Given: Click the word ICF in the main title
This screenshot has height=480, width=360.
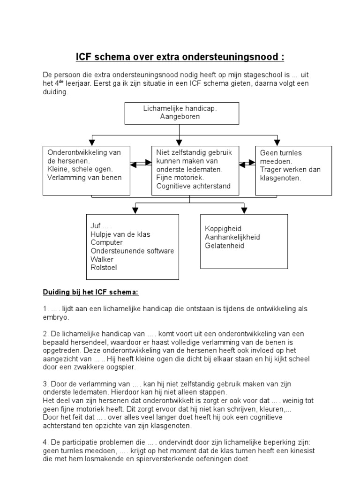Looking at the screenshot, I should pyautogui.click(x=85, y=57).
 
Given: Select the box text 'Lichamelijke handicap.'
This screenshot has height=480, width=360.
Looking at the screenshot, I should pyautogui.click(x=180, y=108).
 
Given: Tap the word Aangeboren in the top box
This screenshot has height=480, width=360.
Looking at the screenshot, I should pyautogui.click(x=180, y=116).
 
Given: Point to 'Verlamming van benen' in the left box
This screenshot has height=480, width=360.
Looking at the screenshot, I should pyautogui.click(x=84, y=177).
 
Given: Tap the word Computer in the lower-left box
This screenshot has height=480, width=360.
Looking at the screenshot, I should pyautogui.click(x=107, y=242).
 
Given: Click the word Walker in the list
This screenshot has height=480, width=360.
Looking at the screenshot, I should pyautogui.click(x=101, y=259).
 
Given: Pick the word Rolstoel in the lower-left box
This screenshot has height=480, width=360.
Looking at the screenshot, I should pyautogui.click(x=104, y=268).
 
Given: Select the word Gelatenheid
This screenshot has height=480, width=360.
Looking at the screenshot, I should pyautogui.click(x=225, y=246).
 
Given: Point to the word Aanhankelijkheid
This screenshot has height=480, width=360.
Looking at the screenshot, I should pyautogui.click(x=232, y=237).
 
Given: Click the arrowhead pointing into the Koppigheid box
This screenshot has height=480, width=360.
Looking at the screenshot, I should pyautogui.click(x=244, y=211).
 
